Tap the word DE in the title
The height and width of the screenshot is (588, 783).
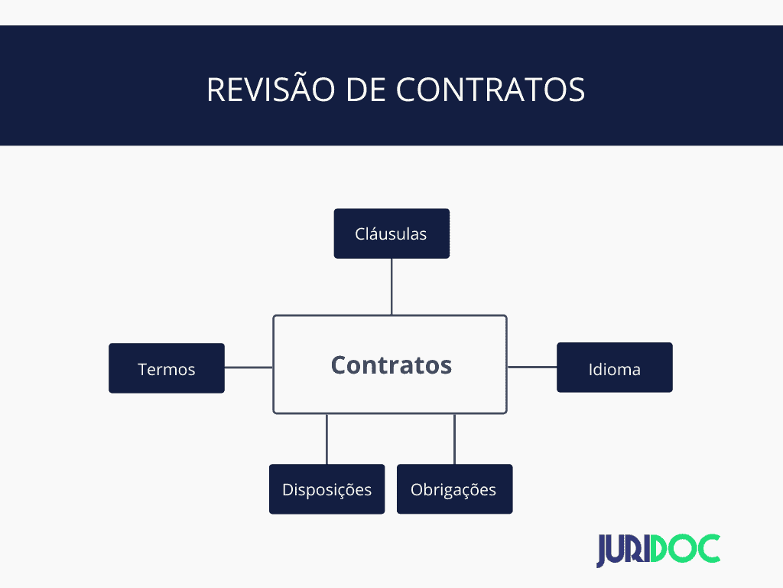(366, 90)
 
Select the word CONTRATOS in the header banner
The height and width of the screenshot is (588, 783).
(490, 90)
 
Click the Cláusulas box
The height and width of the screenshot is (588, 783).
(391, 234)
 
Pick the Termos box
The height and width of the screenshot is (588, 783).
(166, 368)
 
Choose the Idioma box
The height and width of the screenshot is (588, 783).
(614, 367)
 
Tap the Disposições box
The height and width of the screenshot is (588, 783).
(327, 489)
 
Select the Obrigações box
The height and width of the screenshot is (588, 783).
(454, 489)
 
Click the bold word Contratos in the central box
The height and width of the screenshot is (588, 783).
(391, 365)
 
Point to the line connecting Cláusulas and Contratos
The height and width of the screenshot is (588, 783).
(391, 286)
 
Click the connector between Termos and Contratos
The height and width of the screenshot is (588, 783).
(249, 367)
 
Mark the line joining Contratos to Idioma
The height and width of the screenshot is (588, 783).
(532, 367)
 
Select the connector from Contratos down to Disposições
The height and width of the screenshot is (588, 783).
(327, 439)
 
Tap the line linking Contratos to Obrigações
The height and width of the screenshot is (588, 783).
(454, 439)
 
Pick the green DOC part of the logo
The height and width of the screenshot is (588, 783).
(686, 548)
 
